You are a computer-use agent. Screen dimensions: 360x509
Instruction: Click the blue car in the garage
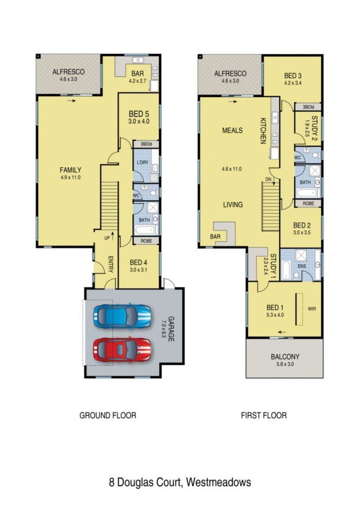pyautogui.click(x=122, y=316)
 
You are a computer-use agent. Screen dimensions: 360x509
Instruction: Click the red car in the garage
pyautogui.click(x=122, y=349)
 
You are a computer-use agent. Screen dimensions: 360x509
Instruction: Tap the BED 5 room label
pyautogui.click(x=139, y=114)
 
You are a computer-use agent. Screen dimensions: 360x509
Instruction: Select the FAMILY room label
pyautogui.click(x=71, y=170)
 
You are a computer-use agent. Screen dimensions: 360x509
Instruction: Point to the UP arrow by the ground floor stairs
pyautogui.click(x=112, y=235)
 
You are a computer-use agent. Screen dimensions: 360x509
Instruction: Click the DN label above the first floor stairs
pyautogui.click(x=268, y=179)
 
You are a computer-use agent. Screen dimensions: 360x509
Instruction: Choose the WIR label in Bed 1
pyautogui.click(x=312, y=309)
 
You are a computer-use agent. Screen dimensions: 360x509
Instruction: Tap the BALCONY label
pyautogui.click(x=285, y=356)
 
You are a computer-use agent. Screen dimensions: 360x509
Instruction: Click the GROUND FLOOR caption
pyautogui.click(x=108, y=415)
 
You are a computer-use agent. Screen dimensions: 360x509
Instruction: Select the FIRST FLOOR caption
pyautogui.click(x=264, y=415)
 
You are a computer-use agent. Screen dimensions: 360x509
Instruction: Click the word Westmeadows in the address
pyautogui.click(x=218, y=482)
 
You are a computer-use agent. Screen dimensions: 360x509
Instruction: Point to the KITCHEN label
pyautogui.click(x=263, y=131)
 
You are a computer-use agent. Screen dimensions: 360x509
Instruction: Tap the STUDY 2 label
pyautogui.click(x=314, y=128)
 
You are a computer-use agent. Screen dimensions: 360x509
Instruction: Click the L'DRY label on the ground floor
pyautogui.click(x=142, y=162)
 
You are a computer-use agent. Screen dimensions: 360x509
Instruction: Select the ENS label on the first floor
pyautogui.click(x=302, y=266)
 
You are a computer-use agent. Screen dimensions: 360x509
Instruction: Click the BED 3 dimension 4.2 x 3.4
pyautogui.click(x=293, y=83)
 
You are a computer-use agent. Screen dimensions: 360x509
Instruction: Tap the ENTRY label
pyautogui.click(x=110, y=264)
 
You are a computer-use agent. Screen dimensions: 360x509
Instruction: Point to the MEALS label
pyautogui.click(x=233, y=131)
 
